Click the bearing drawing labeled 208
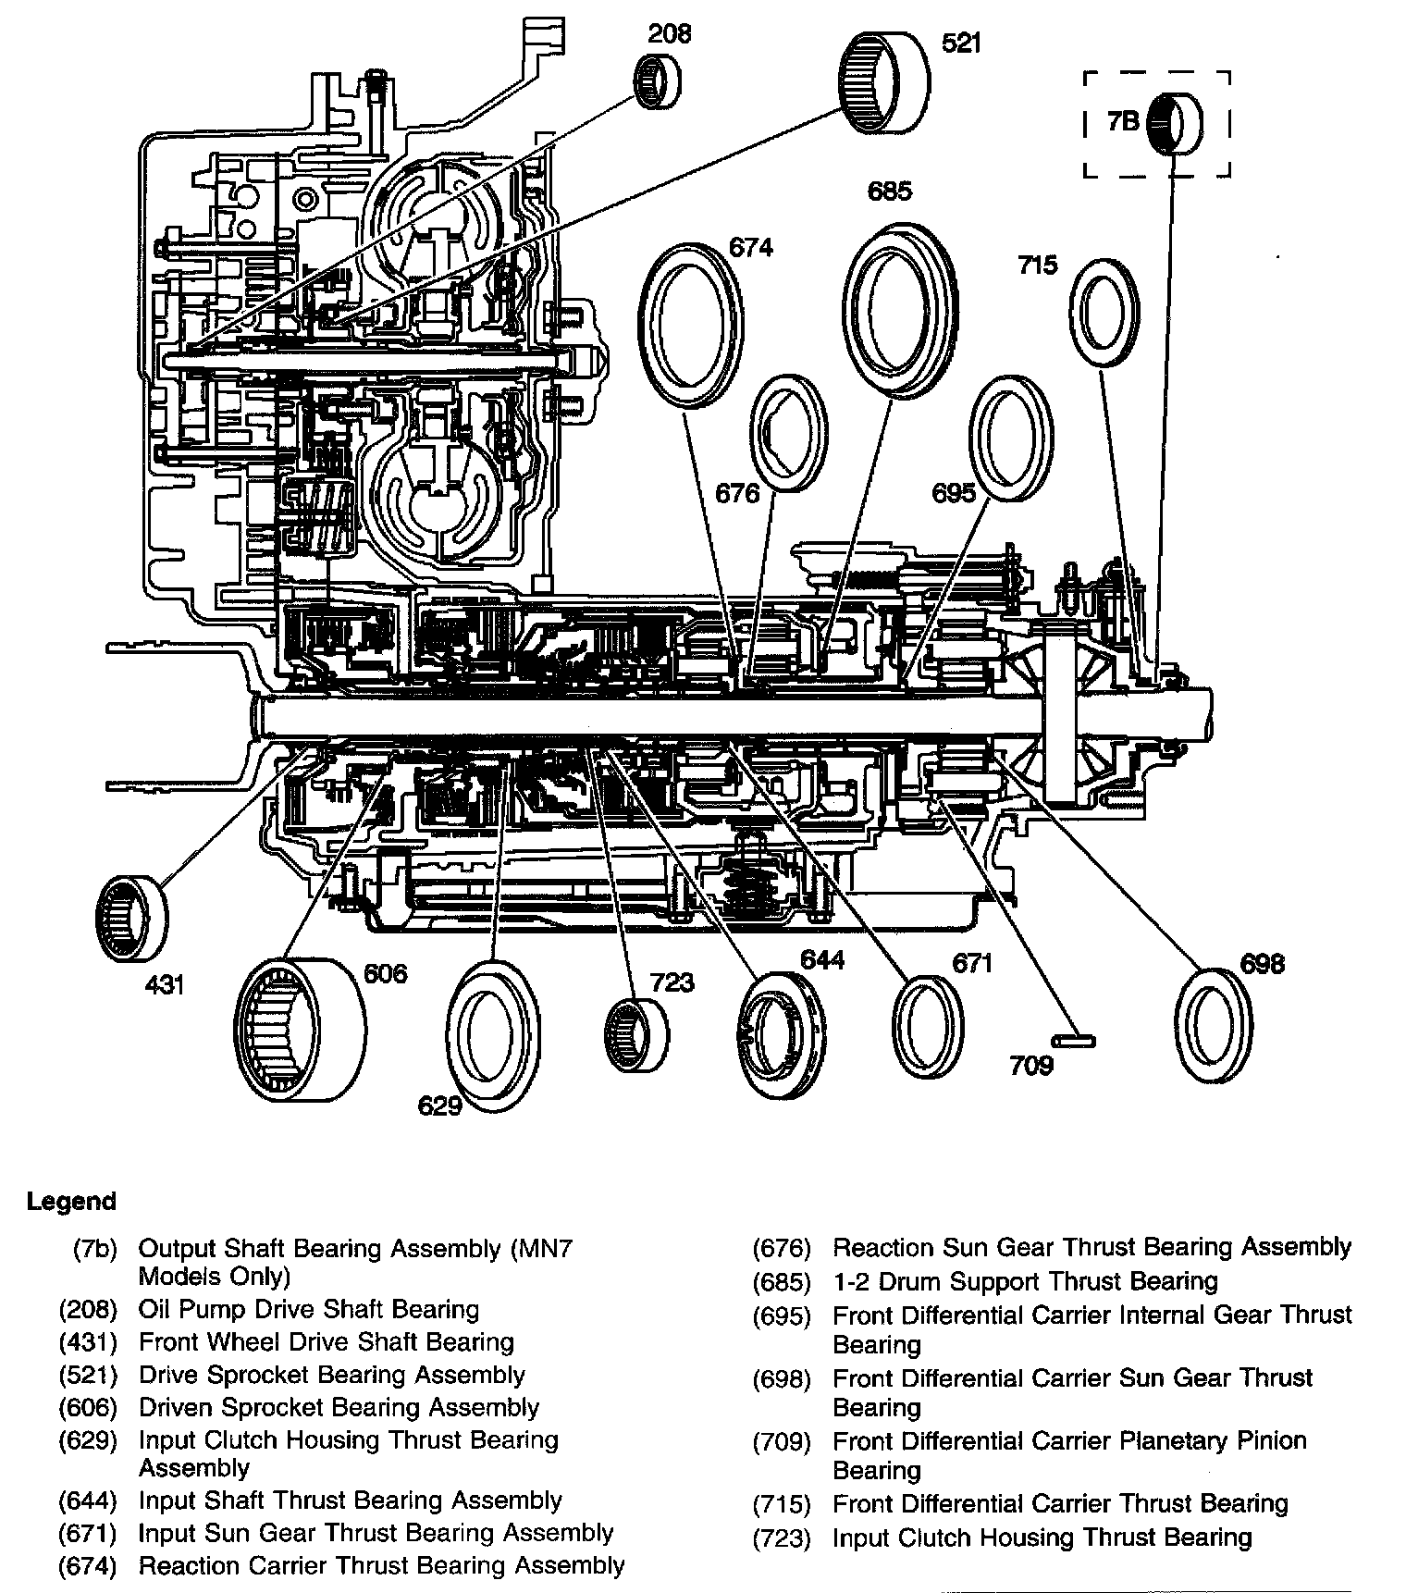pos(656,80)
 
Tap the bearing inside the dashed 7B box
pos(1175,123)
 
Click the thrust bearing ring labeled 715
pos(1104,313)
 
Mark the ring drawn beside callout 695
pos(1010,438)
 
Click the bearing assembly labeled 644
pos(781,1036)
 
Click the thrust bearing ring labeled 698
pos(1212,1025)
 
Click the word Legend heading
pos(71,1202)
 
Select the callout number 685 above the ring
pos(889,191)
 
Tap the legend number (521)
pos(88,1375)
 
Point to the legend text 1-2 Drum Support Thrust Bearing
pos(1025,1281)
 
